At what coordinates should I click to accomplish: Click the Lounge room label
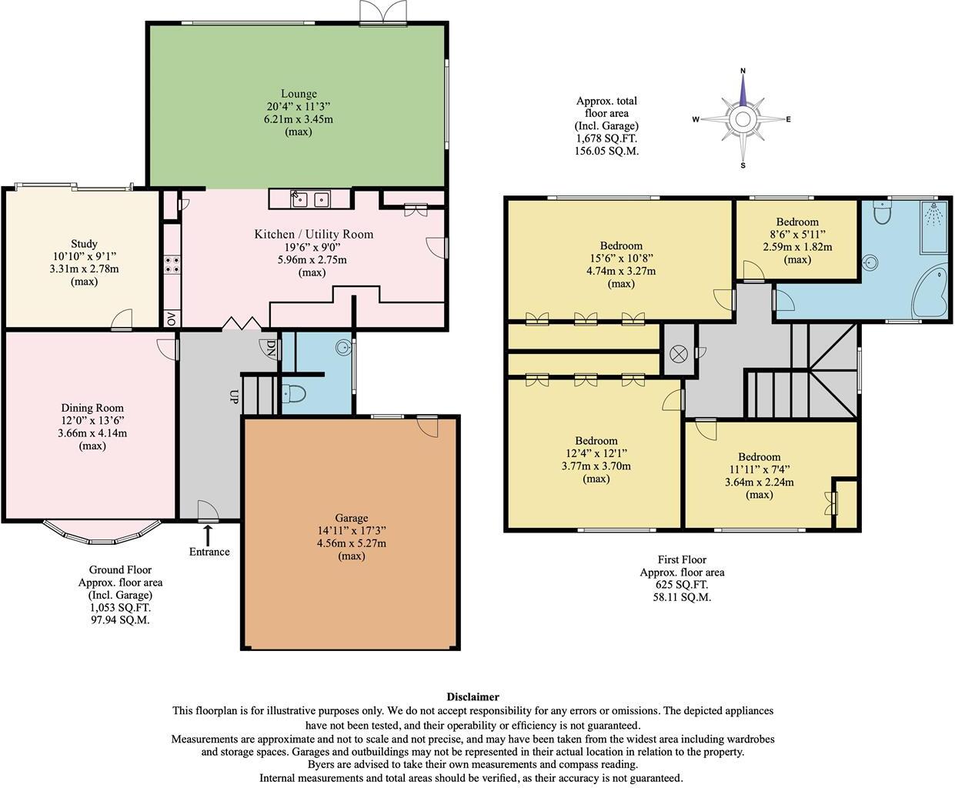[x=299, y=94]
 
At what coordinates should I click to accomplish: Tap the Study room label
[x=83, y=244]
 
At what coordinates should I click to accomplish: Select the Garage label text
[x=351, y=518]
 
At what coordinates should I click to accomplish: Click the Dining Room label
[x=92, y=408]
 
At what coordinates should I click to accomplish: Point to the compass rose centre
[x=743, y=119]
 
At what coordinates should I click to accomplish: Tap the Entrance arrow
[x=208, y=533]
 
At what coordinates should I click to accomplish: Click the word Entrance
[x=209, y=552]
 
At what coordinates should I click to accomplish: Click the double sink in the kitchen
[x=311, y=199]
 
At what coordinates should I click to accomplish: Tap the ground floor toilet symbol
[x=295, y=394]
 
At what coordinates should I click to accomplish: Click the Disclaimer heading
[x=472, y=697]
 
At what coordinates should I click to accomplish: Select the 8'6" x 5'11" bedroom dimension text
[x=797, y=235]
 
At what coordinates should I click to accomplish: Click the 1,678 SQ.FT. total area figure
[x=607, y=139]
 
